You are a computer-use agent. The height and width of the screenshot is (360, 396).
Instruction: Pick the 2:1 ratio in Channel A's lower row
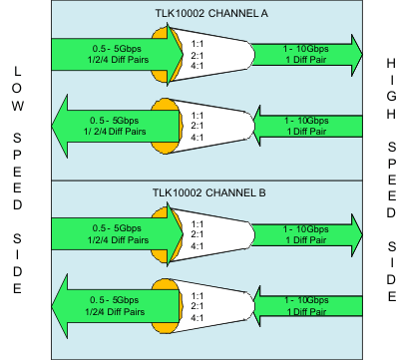pyautogui.click(x=198, y=127)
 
